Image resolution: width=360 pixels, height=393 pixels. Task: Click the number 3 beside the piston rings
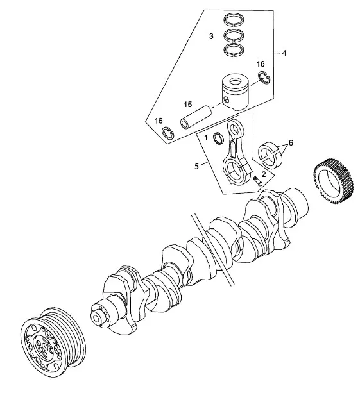(x=210, y=37)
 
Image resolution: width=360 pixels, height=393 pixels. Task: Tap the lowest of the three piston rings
(x=236, y=50)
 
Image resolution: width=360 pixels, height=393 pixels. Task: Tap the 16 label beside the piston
(x=261, y=64)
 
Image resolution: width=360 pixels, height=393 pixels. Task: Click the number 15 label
(x=187, y=104)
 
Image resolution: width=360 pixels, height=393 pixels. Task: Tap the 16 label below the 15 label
(x=159, y=121)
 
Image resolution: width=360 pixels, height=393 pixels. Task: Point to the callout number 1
(x=205, y=137)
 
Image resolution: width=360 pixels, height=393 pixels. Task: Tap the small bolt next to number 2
(x=257, y=180)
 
